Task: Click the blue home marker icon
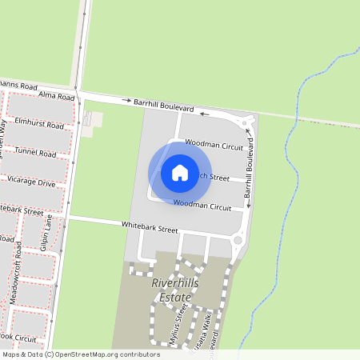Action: [179, 173]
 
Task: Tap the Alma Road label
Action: [56, 97]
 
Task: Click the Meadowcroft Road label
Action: [14, 281]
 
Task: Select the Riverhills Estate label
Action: [172, 290]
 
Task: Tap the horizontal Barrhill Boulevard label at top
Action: [164, 104]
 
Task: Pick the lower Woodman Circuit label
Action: [202, 206]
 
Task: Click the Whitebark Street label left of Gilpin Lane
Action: [21, 210]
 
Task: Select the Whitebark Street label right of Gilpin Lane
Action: [149, 228]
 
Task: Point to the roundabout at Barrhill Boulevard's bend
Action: [246, 122]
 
